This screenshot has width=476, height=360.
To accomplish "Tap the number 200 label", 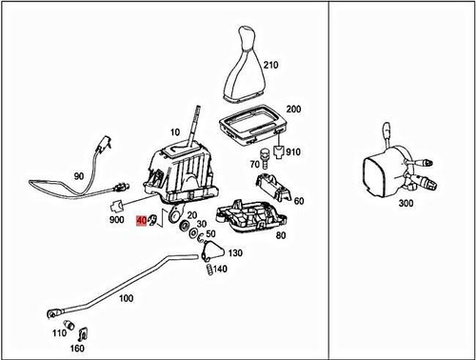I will [293, 110].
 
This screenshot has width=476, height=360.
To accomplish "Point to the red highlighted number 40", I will [142, 221].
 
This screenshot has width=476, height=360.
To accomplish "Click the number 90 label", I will [78, 177].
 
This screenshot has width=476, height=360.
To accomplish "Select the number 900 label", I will [117, 220].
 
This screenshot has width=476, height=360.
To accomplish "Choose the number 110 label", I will [58, 332].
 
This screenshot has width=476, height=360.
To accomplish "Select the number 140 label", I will [220, 270].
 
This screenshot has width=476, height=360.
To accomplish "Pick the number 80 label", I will [281, 236].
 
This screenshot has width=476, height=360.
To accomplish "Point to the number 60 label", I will [299, 201].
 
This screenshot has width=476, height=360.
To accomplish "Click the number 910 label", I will [293, 152].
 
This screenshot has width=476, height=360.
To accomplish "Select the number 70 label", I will [254, 165].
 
